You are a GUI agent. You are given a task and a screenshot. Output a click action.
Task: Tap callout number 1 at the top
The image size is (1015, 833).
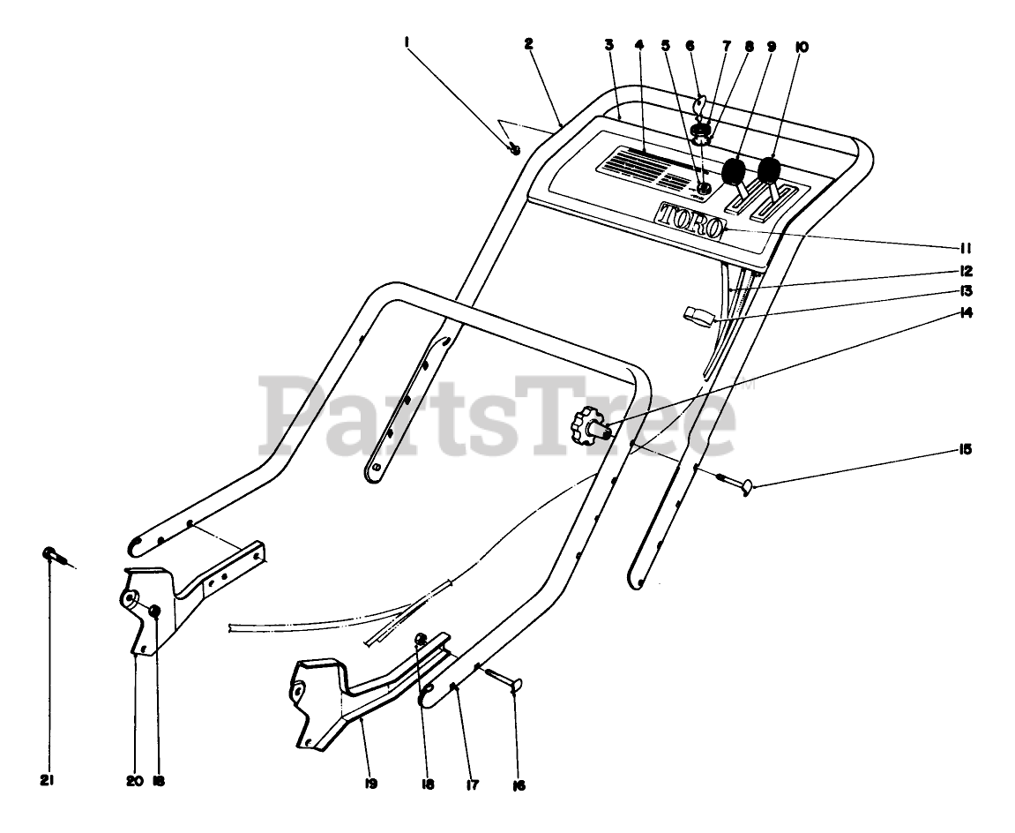tap(407, 41)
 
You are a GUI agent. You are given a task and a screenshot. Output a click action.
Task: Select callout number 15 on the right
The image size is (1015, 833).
tap(966, 450)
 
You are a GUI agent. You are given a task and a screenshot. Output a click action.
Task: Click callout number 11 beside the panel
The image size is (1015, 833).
tap(966, 248)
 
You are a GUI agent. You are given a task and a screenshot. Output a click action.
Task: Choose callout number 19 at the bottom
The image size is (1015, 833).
tap(370, 783)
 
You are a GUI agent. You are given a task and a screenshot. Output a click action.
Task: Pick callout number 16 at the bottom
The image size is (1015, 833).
tap(519, 784)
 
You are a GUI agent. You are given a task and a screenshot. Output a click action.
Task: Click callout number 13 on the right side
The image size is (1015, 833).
tap(966, 290)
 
